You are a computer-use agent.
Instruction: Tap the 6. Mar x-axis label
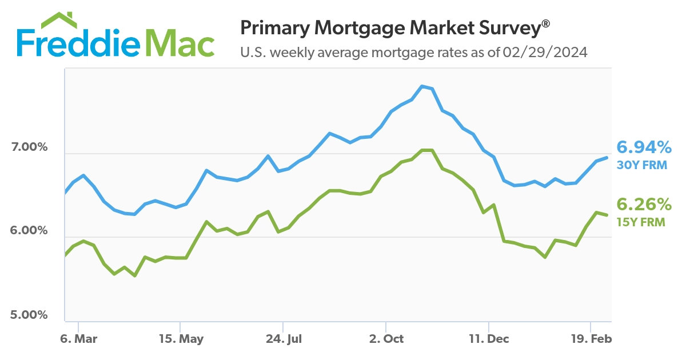pyautogui.click(x=78, y=339)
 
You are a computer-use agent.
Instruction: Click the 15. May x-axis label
pyautogui.click(x=181, y=339)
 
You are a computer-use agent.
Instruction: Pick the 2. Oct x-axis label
pyautogui.click(x=386, y=339)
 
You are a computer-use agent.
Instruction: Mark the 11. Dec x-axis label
pyautogui.click(x=489, y=339)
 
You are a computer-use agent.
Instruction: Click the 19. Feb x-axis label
pyautogui.click(x=592, y=339)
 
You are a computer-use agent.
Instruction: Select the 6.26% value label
pyautogui.click(x=644, y=205)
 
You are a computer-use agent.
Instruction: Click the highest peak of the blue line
pyautogui.click(x=422, y=86)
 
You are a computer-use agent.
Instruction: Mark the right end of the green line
pyautogui.click(x=607, y=214)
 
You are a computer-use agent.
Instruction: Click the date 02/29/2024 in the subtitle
pyautogui.click(x=545, y=53)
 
